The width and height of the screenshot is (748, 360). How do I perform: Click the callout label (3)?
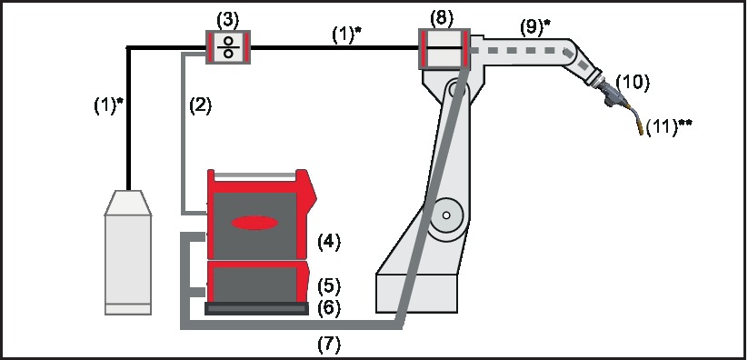[x=227, y=21]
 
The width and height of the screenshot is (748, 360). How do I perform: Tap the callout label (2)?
[x=200, y=105]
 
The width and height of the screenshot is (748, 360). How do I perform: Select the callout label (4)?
[x=329, y=242]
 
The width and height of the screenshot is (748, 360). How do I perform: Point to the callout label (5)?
[x=329, y=285]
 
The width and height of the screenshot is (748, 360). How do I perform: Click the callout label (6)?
[x=329, y=308]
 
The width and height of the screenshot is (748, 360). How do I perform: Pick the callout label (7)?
[x=329, y=344]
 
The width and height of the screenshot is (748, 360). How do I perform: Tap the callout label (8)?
[x=442, y=18]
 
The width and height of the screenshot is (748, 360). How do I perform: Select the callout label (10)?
[x=633, y=83]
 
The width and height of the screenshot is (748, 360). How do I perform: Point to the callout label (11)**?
[x=669, y=127]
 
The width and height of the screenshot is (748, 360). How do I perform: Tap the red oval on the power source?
[x=254, y=223]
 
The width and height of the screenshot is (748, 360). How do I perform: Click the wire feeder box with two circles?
[x=228, y=46]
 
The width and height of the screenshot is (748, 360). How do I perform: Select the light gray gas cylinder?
[x=128, y=252]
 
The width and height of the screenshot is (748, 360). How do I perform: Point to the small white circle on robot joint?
[x=446, y=215]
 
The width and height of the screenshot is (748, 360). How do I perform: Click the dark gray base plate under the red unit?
[x=256, y=309]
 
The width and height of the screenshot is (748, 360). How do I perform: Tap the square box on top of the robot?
[x=444, y=48]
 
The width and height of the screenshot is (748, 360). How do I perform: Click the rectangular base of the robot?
[x=417, y=293]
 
